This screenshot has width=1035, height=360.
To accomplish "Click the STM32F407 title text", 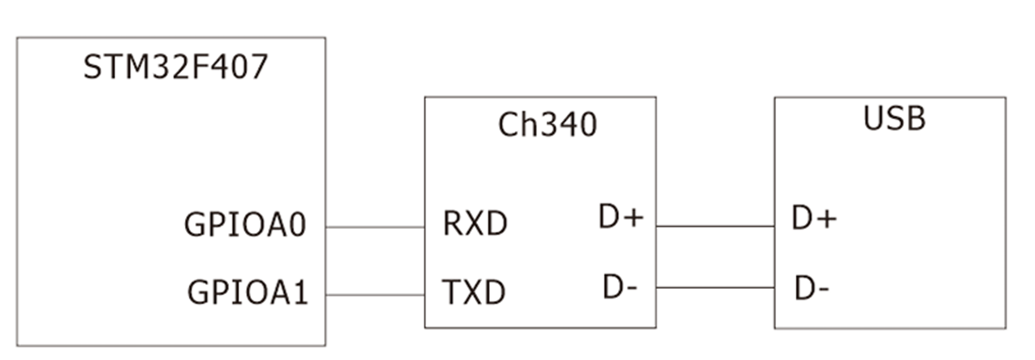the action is tap(176, 67).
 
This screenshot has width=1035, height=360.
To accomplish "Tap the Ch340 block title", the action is tap(548, 125).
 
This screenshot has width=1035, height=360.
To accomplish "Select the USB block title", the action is tap(894, 118).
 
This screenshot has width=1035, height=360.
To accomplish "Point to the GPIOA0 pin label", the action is tap(245, 224).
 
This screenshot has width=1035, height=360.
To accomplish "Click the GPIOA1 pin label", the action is tap(247, 293).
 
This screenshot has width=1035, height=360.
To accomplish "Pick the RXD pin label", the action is tap(475, 223).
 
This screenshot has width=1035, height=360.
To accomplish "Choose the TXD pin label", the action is tap(473, 292).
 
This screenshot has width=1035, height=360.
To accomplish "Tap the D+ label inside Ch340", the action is tap(621, 217).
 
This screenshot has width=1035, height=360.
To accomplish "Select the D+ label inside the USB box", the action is tap(814, 218).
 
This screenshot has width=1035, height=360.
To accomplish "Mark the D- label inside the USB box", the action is tap(812, 288).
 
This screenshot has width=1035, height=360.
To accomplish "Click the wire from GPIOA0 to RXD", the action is tap(375, 227).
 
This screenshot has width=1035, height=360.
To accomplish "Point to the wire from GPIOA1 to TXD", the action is tap(375, 295).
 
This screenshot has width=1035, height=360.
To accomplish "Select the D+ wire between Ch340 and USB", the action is tap(715, 226).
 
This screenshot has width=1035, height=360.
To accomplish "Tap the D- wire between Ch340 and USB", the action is tap(715, 288).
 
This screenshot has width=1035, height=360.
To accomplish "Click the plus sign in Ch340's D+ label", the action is tap(633, 218).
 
